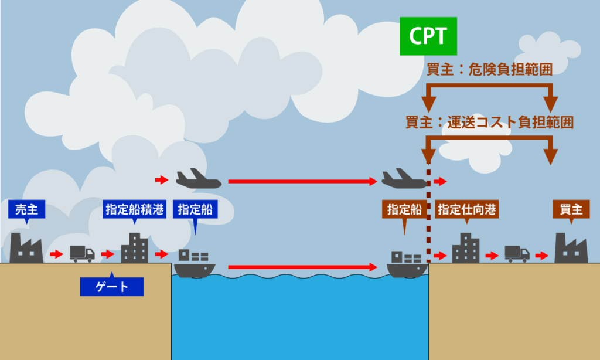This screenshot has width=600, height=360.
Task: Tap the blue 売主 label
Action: (27, 209)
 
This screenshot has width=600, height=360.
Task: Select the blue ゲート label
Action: (112, 286)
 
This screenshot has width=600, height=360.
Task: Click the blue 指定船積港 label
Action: (135, 209)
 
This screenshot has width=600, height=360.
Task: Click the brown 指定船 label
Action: (404, 209)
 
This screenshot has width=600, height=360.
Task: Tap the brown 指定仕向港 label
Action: (467, 209)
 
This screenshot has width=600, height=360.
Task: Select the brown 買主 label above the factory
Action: (571, 209)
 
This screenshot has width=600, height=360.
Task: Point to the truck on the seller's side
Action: (82, 253)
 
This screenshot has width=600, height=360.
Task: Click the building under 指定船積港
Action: (134, 247)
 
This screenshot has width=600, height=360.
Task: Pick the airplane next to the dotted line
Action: (404, 179)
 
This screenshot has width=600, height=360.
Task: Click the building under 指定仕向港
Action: (466, 247)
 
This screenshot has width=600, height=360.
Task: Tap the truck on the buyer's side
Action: (517, 253)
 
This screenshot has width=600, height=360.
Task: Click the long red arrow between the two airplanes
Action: (302, 181)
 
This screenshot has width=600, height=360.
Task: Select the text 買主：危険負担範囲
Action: (489, 70)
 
